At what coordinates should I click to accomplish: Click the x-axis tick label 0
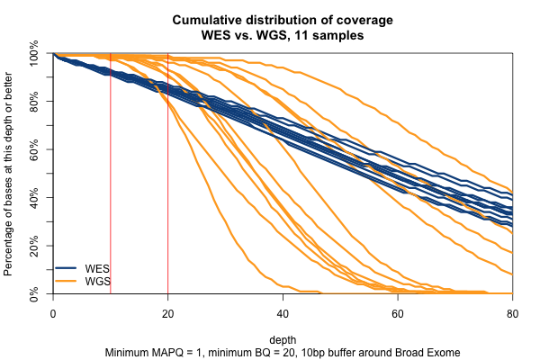point(53,311)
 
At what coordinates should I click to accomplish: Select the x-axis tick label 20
point(168,311)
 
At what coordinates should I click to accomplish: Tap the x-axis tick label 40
point(283,311)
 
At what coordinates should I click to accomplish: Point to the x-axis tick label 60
point(398,311)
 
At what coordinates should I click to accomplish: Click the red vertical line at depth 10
point(111,180)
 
